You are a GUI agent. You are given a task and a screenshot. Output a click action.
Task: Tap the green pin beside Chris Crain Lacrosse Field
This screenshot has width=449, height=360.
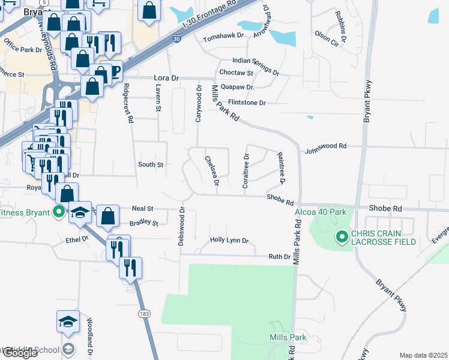pyautogui.click(x=342, y=238)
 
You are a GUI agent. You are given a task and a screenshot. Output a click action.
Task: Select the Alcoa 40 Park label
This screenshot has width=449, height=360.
pyautogui.click(x=321, y=211)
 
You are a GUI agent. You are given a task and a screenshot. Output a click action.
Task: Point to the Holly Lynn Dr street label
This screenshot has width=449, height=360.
pyautogui.click(x=229, y=240)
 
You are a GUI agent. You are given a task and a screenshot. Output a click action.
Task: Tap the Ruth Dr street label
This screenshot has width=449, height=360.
pyautogui.click(x=279, y=256)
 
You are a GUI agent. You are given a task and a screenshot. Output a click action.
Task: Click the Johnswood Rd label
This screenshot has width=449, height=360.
pyautogui.click(x=326, y=146)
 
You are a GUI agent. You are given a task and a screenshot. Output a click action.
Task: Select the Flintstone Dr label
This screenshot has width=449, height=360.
pyautogui.click(x=246, y=103)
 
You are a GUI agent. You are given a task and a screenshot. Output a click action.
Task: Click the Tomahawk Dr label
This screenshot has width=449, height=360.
pyautogui.click(x=223, y=37)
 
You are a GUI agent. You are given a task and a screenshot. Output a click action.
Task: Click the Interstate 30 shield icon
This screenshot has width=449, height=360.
pyautogui.click(x=176, y=38)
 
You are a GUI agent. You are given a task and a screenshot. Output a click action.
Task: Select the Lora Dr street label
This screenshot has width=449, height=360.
pyautogui.click(x=167, y=78)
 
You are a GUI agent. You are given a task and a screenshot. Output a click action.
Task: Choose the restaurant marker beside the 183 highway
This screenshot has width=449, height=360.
pyautogui.click(x=130, y=268)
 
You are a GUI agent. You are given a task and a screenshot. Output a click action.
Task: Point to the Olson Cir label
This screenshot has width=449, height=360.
pyautogui.click(x=327, y=35)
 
